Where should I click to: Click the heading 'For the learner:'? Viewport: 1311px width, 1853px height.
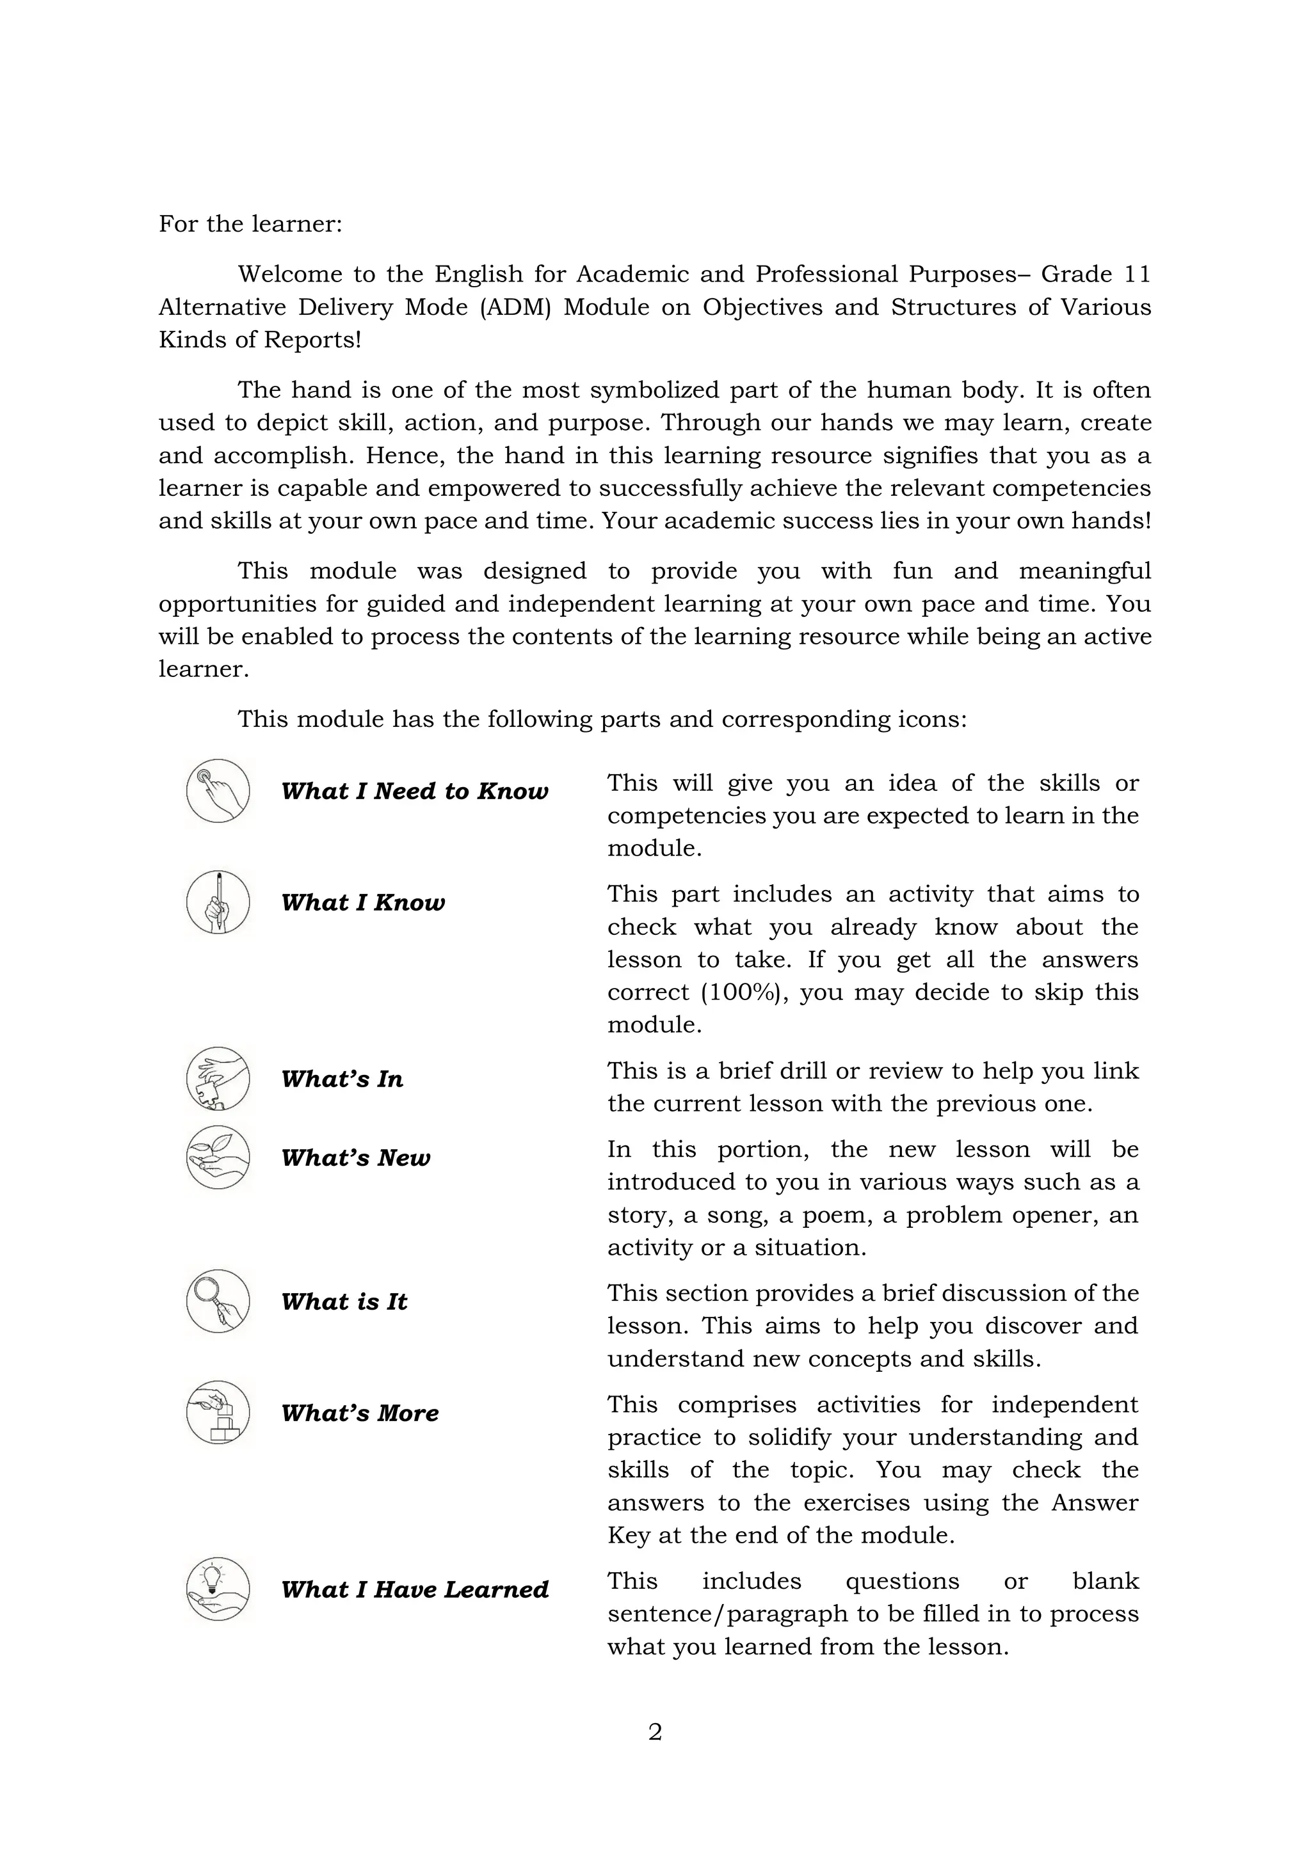click(x=250, y=223)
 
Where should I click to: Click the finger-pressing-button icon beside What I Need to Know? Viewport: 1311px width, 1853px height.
click(x=218, y=791)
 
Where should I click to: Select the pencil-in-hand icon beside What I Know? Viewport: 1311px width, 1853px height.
click(x=218, y=902)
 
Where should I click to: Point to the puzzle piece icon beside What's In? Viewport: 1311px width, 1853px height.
click(x=218, y=1078)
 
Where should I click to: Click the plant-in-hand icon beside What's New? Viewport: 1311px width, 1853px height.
click(x=218, y=1157)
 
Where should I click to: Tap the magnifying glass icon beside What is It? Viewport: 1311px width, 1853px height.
click(x=218, y=1301)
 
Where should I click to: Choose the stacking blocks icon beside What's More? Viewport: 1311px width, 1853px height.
click(x=218, y=1412)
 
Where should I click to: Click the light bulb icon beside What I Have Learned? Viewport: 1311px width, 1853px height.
click(x=218, y=1589)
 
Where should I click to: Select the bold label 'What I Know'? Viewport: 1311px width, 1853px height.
click(x=362, y=902)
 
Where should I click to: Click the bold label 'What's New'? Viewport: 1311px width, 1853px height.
click(x=355, y=1157)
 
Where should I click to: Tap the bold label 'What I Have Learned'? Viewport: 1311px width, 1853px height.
click(x=414, y=1589)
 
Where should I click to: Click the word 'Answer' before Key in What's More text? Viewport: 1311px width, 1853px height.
click(x=1094, y=1503)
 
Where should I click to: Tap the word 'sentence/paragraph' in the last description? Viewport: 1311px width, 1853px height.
click(x=727, y=1614)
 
